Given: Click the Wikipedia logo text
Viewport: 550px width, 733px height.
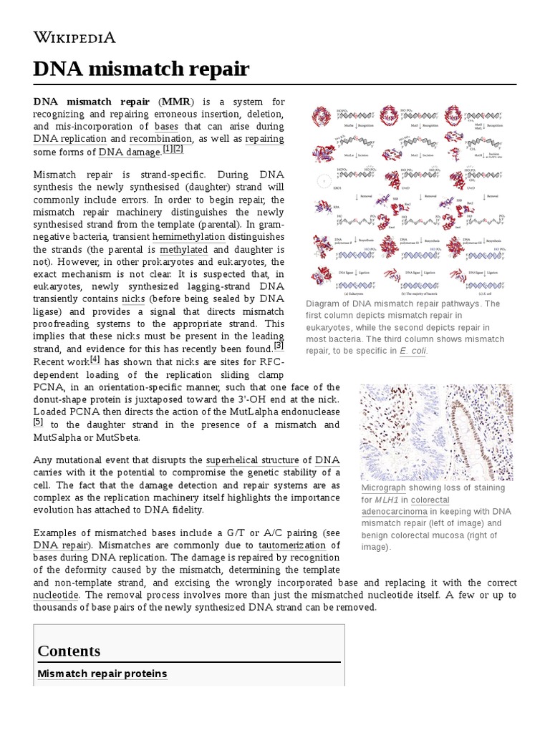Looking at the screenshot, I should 74,38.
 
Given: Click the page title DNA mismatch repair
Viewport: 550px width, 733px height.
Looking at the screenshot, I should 141,69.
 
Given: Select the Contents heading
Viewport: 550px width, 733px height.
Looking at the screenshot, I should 69,651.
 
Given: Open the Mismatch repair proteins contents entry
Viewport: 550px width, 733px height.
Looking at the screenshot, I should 102,674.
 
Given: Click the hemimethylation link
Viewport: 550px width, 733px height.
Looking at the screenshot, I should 188,237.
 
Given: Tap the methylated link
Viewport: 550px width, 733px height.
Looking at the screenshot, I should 183,250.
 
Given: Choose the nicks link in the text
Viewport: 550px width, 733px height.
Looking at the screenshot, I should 133,298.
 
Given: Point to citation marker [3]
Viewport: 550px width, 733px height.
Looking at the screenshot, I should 279,346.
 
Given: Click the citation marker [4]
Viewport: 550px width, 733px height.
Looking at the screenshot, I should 95,359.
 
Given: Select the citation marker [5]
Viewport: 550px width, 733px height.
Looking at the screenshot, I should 39,422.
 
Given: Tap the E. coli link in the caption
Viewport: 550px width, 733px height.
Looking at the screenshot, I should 412,351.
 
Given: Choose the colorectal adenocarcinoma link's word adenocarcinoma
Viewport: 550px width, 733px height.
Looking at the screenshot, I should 394,512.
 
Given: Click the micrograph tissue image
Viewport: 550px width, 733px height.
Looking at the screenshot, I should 436,431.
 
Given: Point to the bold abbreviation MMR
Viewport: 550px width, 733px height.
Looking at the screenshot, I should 176,101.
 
